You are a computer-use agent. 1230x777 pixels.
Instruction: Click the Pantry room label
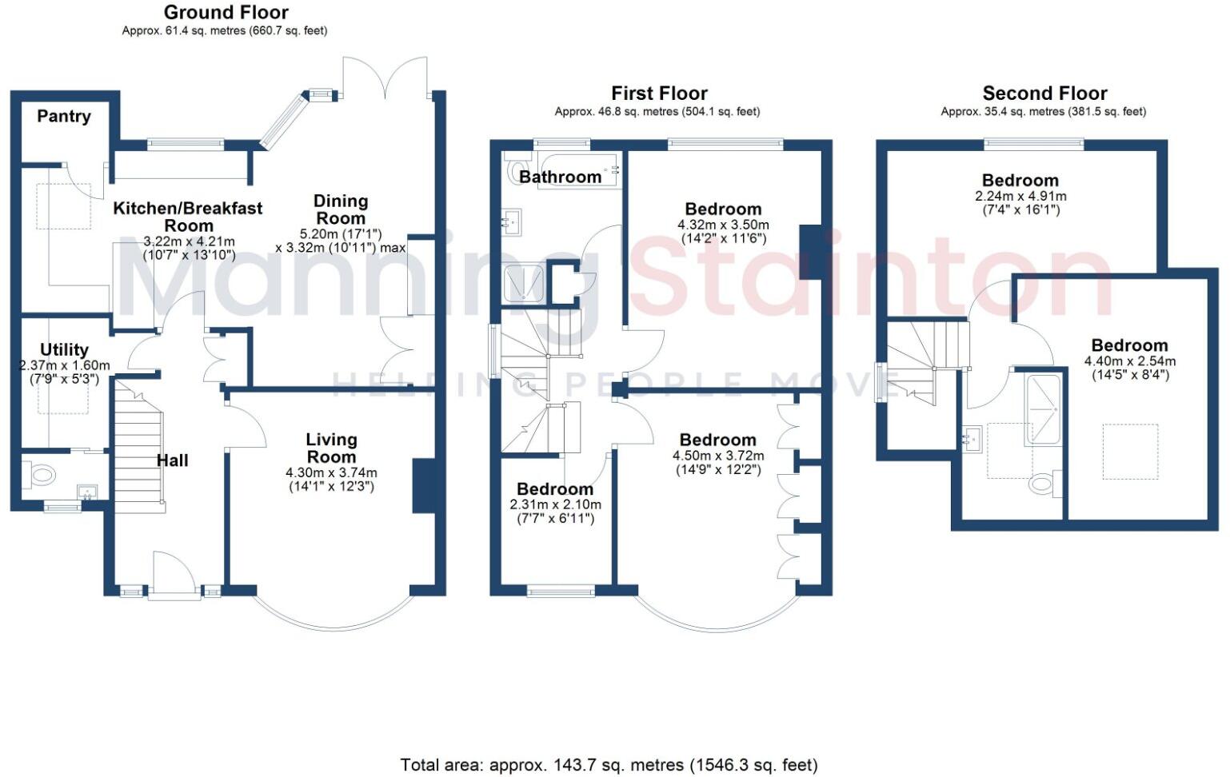click(x=64, y=116)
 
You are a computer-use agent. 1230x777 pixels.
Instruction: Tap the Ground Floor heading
click(x=226, y=12)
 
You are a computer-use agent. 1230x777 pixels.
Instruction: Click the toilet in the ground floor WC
click(x=40, y=476)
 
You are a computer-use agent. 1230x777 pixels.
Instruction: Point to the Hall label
click(x=172, y=460)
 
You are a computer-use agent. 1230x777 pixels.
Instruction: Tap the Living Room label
click(x=331, y=448)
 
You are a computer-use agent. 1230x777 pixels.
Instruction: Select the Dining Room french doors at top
click(x=385, y=78)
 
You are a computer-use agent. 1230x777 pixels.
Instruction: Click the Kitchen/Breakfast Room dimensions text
click(x=189, y=248)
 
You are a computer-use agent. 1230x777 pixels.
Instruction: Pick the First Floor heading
click(x=659, y=94)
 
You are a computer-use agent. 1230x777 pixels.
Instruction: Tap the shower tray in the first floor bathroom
click(x=524, y=284)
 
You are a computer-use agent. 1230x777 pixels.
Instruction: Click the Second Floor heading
click(x=1044, y=94)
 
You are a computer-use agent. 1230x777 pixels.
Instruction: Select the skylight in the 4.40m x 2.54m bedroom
click(x=1130, y=452)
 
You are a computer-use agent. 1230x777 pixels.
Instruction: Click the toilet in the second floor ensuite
click(x=1042, y=483)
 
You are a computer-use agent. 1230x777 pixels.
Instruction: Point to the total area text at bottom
click(x=609, y=765)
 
